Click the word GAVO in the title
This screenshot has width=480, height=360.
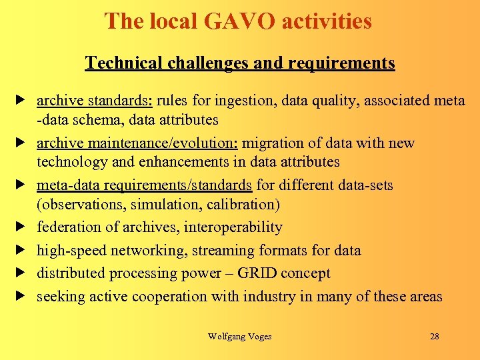pyautogui.click(x=239, y=21)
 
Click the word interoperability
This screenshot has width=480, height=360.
pyautogui.click(x=233, y=227)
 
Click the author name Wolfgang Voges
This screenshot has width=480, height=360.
pyautogui.click(x=239, y=337)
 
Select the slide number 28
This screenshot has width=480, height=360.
pyautogui.click(x=434, y=337)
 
